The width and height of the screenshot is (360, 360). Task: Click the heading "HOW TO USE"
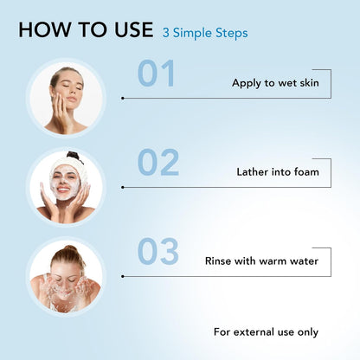pyautogui.click(x=86, y=29)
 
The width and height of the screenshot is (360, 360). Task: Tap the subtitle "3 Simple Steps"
pyautogui.click(x=205, y=33)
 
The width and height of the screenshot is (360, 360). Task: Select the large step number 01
pyautogui.click(x=156, y=74)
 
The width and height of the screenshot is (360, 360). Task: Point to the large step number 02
pyautogui.click(x=158, y=162)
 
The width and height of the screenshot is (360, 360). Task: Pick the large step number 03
pyautogui.click(x=158, y=251)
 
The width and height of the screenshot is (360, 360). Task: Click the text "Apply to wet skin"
pyautogui.click(x=275, y=83)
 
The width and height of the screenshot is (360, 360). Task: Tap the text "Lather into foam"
pyautogui.click(x=278, y=172)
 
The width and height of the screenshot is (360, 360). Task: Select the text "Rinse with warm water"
pyautogui.click(x=261, y=261)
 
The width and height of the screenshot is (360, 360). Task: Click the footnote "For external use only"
pyautogui.click(x=266, y=332)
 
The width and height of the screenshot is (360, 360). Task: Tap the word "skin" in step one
pyautogui.click(x=309, y=83)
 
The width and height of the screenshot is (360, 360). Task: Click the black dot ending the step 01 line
pyautogui.click(x=123, y=99)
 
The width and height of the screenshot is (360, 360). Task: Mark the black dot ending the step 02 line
pyautogui.click(x=123, y=188)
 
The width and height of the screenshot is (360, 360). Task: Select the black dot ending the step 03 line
pyautogui.click(x=123, y=277)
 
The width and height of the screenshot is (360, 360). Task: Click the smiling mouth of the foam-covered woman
pyautogui.click(x=64, y=190)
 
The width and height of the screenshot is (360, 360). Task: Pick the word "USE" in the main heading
pyautogui.click(x=134, y=29)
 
